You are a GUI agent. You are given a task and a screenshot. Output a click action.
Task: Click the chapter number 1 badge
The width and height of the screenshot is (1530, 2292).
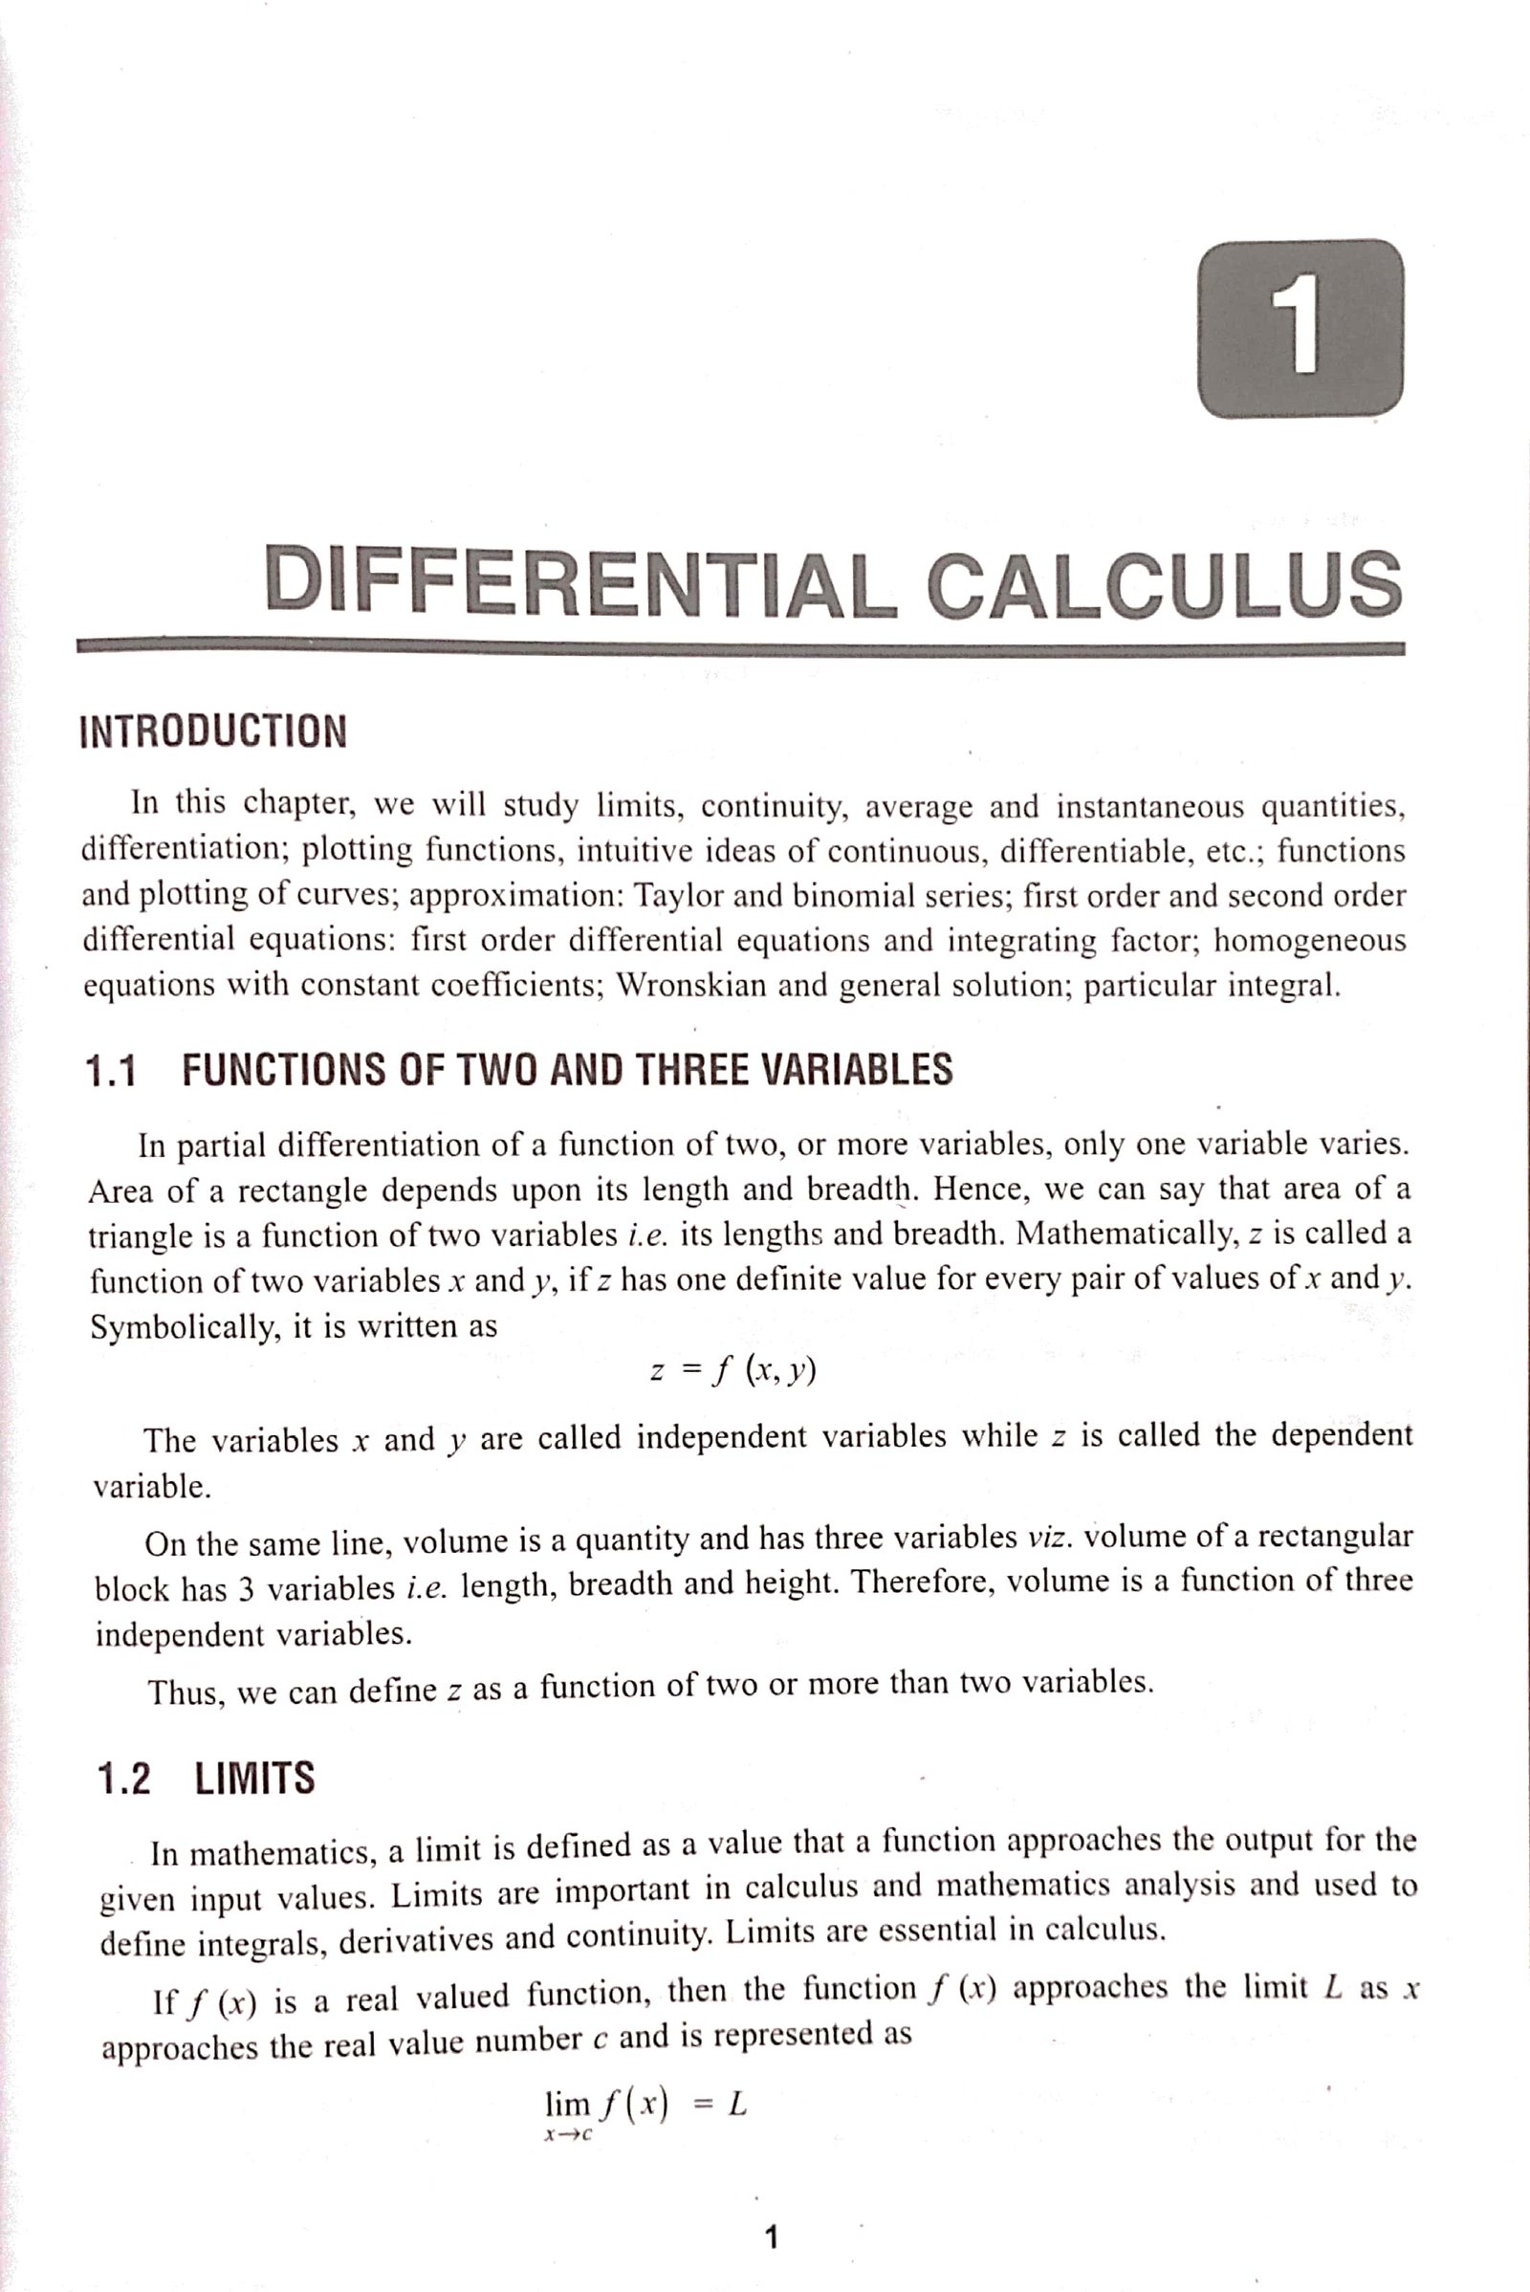coord(1300,328)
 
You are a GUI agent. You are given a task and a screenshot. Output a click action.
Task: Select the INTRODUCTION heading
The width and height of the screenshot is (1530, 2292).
coord(212,731)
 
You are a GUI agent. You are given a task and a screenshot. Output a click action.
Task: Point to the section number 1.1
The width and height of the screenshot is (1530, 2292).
coord(110,1072)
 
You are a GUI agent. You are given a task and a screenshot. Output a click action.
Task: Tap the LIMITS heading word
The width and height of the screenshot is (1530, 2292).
coord(254,1778)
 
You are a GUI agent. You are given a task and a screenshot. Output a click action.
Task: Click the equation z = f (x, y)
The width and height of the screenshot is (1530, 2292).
coord(732,1371)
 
